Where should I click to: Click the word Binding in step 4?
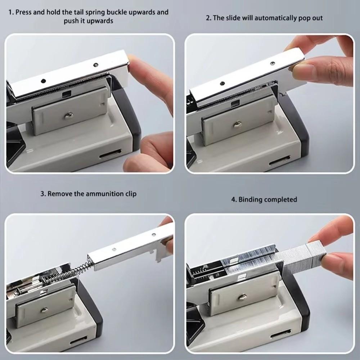pos(250,199)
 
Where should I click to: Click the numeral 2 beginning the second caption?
pos(208,18)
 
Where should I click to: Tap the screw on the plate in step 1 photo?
pos(69,115)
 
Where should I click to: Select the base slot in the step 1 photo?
pos(110,156)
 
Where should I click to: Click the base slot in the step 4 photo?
pos(281,336)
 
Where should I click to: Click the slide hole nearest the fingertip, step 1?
pos(96,65)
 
